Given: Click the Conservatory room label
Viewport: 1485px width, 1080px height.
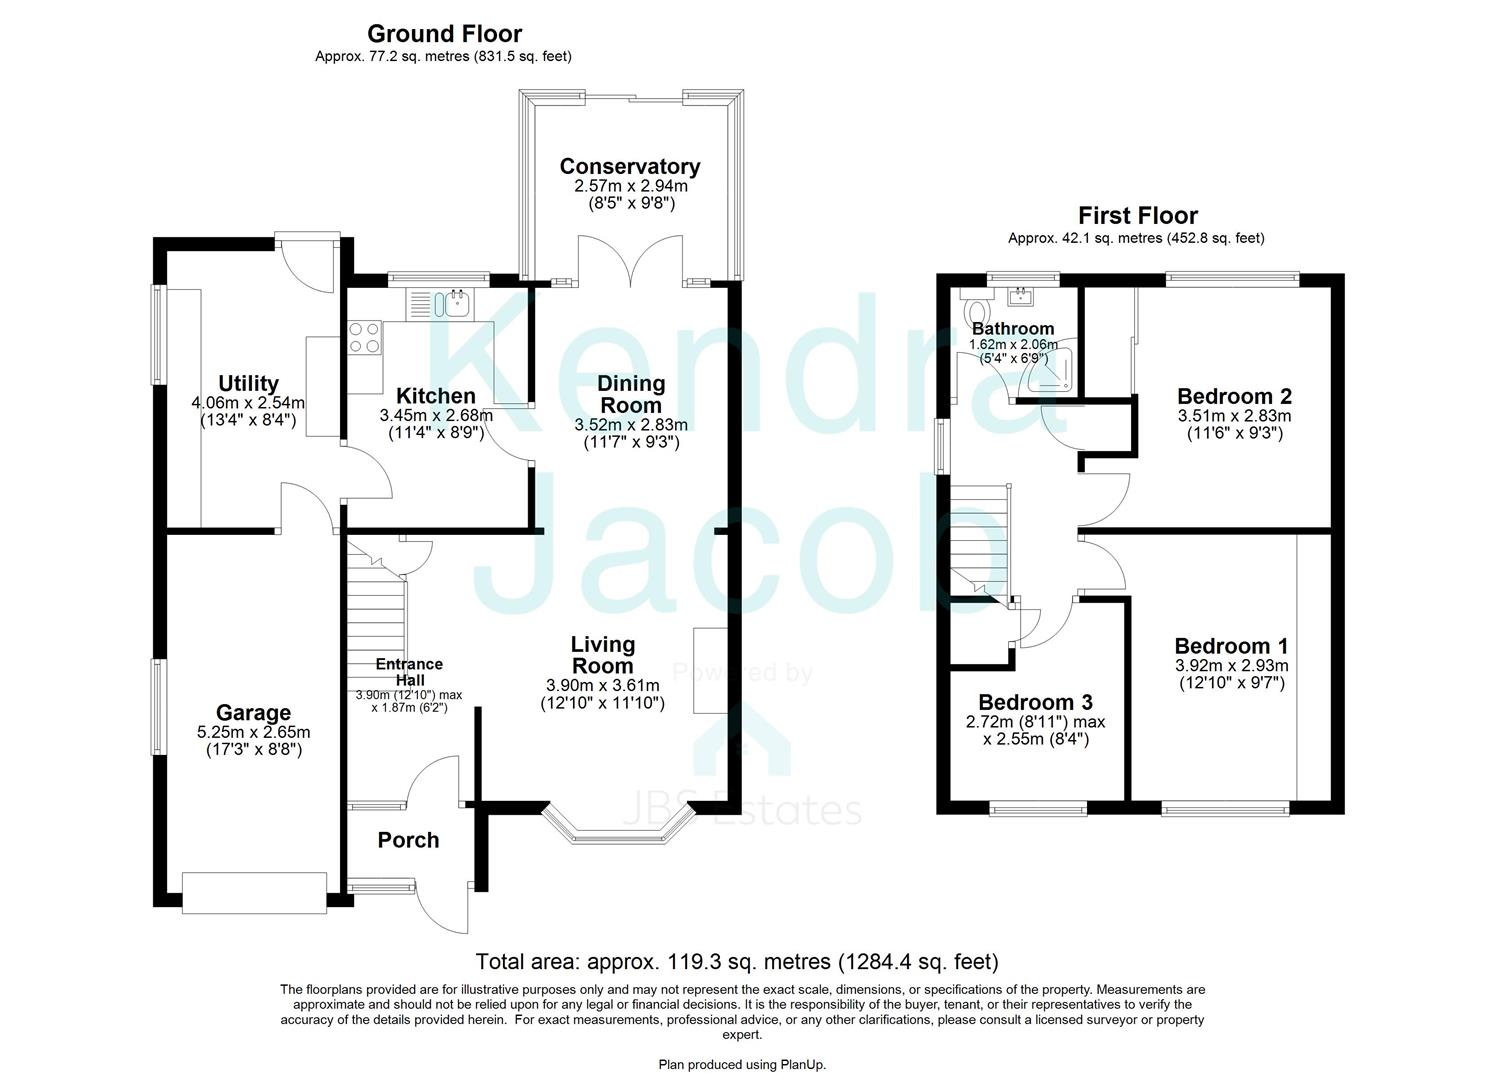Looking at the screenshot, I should (x=629, y=166).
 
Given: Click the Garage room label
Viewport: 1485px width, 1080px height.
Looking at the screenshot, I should (x=254, y=712).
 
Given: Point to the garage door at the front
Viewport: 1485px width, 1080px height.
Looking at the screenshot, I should (x=254, y=892).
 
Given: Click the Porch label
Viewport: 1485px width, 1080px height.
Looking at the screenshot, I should (x=408, y=840).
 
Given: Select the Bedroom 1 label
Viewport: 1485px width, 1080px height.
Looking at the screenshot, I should (x=1231, y=646).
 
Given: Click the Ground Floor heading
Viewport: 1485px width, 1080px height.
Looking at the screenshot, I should (x=444, y=35).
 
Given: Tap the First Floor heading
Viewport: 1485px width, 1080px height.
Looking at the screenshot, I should (x=1137, y=215).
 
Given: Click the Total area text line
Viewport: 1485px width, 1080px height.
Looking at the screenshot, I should (x=736, y=962).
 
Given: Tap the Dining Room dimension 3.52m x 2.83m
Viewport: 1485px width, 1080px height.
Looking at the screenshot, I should (x=630, y=425).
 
